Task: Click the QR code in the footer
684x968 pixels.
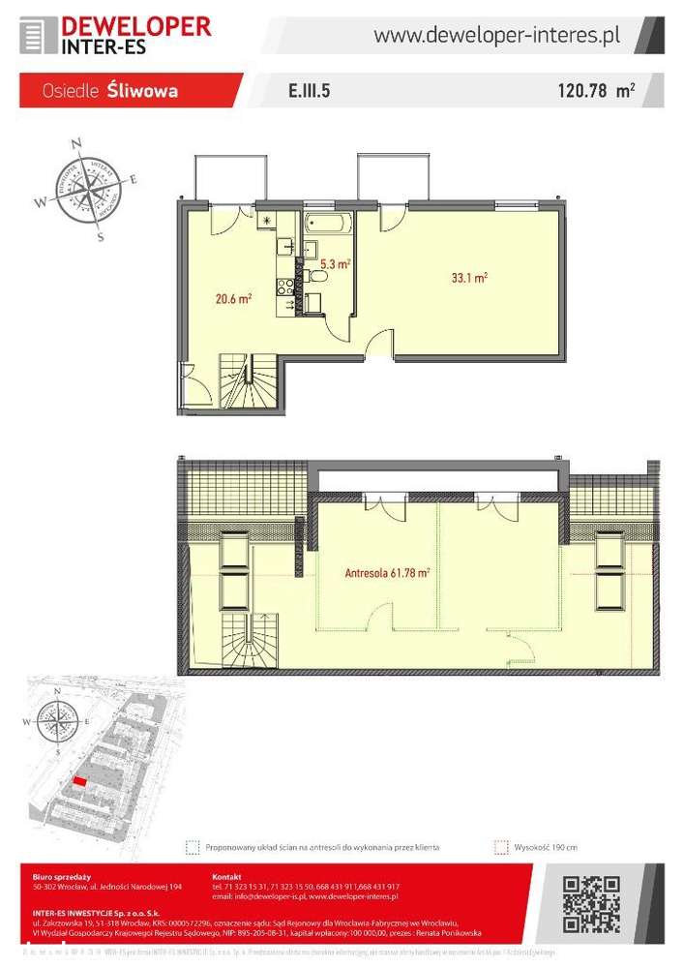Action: pos(590,903)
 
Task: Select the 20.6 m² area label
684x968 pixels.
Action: pos(233,299)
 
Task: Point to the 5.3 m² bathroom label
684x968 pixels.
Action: pos(335,263)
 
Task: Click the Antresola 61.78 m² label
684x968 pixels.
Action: pos(387,572)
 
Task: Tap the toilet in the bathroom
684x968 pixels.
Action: pos(318,278)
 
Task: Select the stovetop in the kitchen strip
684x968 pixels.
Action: pos(285,286)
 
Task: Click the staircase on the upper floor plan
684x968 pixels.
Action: pos(249,380)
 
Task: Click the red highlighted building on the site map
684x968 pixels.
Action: pos(79,781)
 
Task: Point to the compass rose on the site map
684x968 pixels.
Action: pos(55,718)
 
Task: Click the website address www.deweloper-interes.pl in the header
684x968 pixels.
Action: pos(496,36)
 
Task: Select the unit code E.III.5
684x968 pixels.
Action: pos(311,92)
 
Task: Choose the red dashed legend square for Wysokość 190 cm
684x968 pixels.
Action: pos(500,846)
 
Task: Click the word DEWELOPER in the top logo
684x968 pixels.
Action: pos(135,25)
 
